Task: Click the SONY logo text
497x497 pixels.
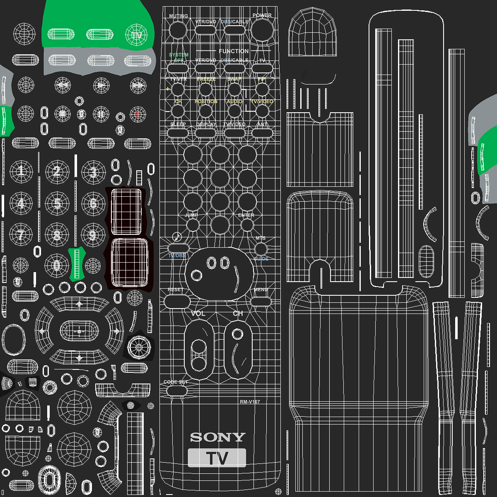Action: click(x=217, y=437)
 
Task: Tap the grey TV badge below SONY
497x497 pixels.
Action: click(x=217, y=458)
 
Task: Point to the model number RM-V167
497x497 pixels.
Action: click(x=250, y=402)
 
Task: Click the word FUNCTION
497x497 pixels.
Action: click(x=234, y=51)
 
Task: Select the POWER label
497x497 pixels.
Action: click(x=262, y=15)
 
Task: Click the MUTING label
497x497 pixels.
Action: click(x=179, y=16)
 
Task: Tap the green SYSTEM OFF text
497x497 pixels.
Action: click(x=179, y=57)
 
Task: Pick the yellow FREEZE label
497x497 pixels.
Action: click(x=206, y=79)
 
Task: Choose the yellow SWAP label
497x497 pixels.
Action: click(x=234, y=79)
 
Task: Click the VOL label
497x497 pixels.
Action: click(x=198, y=314)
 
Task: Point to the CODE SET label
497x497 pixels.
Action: click(x=176, y=382)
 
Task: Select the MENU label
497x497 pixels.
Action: click(x=261, y=290)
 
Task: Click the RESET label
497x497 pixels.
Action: click(x=175, y=290)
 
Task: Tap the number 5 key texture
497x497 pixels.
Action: click(x=57, y=203)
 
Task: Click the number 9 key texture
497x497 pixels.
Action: click(x=93, y=235)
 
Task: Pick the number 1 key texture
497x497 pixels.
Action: click(x=22, y=171)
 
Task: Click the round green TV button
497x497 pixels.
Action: click(x=136, y=35)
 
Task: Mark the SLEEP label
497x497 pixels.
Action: click(x=178, y=124)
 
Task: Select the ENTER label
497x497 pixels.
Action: click(x=246, y=215)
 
